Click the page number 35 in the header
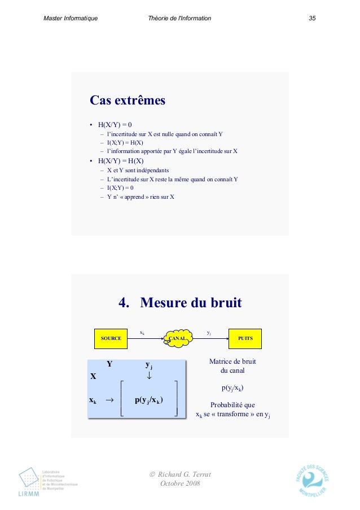tap(311, 19)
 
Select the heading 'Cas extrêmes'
tap(128, 101)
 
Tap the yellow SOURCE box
tap(111, 338)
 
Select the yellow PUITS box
tap(245, 338)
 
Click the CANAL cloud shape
tap(177, 338)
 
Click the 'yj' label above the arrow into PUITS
tap(209, 333)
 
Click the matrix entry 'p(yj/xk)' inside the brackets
tap(149, 400)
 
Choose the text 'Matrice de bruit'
tap(232, 361)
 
